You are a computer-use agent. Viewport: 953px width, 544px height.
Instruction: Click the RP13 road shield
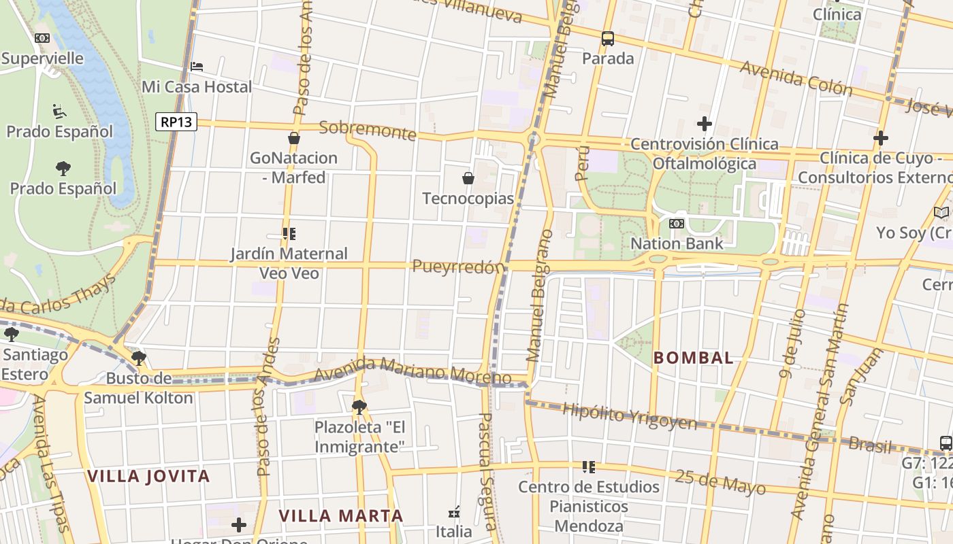click(x=176, y=122)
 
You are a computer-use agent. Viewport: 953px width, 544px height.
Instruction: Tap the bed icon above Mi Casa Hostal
click(x=197, y=67)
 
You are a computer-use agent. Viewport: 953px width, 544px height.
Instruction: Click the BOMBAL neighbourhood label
click(x=694, y=358)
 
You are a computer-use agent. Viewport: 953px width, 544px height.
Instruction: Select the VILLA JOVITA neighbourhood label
click(x=148, y=476)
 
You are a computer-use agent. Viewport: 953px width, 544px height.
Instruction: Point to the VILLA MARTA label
click(x=341, y=515)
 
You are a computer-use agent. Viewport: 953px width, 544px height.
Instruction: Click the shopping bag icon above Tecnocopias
click(x=468, y=179)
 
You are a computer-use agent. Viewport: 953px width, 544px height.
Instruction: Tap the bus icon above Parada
click(x=608, y=39)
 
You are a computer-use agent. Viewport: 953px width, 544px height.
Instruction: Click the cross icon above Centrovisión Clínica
click(x=705, y=124)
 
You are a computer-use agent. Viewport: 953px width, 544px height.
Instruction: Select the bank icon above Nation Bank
click(x=676, y=223)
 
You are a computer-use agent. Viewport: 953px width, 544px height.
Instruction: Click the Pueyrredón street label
click(x=458, y=267)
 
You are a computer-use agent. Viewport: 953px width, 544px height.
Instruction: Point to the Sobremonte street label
click(x=367, y=129)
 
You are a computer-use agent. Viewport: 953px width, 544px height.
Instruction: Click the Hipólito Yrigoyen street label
click(x=630, y=416)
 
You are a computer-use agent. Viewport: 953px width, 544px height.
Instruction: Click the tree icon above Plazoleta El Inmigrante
click(x=359, y=407)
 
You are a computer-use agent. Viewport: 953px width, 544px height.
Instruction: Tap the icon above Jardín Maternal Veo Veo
click(x=289, y=234)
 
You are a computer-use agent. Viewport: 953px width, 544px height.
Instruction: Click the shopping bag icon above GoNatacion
click(x=294, y=138)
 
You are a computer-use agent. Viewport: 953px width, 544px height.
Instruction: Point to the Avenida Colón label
click(x=796, y=78)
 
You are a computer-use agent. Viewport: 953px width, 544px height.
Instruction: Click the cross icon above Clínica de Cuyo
click(x=880, y=138)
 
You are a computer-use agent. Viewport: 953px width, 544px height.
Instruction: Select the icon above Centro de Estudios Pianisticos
click(x=589, y=467)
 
